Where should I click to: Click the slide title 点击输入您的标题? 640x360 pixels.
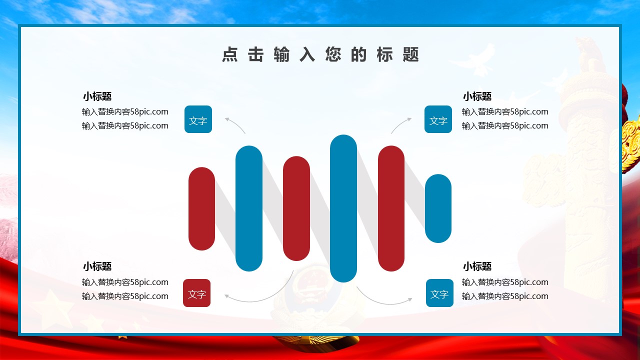pos(320,54)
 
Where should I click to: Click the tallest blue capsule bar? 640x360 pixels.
pos(343,208)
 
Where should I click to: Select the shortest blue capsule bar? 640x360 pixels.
pos(438,208)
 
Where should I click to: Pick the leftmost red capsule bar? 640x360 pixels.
pos(201,209)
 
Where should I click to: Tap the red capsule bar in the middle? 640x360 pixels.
pos(296,208)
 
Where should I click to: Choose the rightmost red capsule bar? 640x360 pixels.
pos(391,208)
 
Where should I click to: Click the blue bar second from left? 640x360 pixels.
pos(249,208)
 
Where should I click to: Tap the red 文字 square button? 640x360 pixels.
pos(197,293)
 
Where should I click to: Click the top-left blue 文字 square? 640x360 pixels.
pos(198,119)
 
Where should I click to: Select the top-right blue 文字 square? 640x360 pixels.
pos(438,119)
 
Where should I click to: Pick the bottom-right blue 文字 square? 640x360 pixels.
pos(439,293)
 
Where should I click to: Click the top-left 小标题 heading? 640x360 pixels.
pos(97,96)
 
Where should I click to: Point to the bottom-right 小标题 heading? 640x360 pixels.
pos(477,266)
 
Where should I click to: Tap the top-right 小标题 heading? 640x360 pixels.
pos(477,96)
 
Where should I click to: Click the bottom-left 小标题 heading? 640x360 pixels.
pos(97,266)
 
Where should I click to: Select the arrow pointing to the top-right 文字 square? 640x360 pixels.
pos(400,123)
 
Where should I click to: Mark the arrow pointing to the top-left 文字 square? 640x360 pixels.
pos(236,123)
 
